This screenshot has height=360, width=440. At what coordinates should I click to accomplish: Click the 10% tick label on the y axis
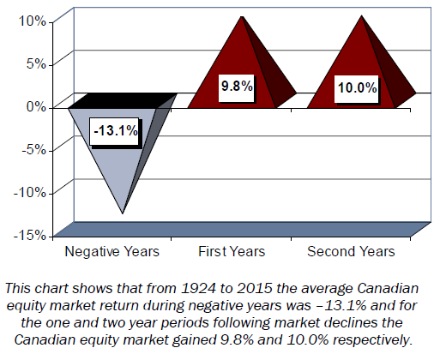33,21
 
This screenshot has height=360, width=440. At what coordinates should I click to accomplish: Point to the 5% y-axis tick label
36,64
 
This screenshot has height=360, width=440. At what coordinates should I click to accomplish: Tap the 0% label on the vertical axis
36,107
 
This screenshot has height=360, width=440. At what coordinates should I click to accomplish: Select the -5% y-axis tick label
34,150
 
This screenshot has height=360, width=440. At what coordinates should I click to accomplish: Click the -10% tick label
30,193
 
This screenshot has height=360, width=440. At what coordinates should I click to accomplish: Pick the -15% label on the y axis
30,236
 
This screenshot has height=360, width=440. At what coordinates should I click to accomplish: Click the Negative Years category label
112,252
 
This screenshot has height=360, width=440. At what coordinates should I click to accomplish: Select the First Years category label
232,252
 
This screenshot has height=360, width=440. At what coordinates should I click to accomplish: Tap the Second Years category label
351,252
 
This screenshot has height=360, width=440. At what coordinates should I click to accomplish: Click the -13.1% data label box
115,132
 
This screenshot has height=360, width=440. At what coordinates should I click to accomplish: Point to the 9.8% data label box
237,87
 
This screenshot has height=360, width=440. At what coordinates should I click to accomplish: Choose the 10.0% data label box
357,88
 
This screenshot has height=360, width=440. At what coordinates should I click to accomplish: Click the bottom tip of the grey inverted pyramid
123,213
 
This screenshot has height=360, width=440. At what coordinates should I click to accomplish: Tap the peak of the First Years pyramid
242,17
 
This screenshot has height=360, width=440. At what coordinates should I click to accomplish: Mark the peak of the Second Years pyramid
362,16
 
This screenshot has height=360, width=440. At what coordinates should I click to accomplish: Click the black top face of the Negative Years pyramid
123,100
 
